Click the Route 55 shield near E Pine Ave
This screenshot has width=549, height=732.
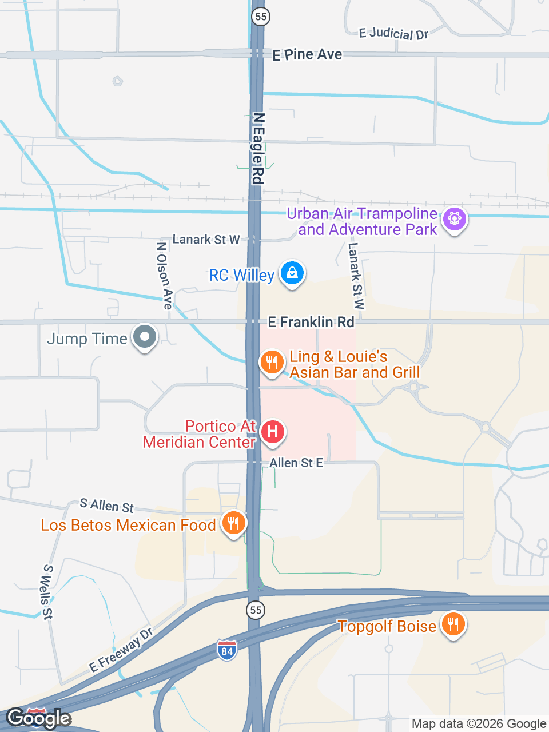pos(261,16)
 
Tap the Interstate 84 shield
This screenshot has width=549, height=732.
pos(227,650)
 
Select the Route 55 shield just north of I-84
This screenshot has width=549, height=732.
pos(256,610)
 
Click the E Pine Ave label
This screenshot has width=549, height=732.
pos(307,55)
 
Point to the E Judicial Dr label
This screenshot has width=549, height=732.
pos(393,34)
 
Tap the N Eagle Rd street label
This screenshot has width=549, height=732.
pos(258,148)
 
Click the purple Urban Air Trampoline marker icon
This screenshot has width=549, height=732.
pos(455,219)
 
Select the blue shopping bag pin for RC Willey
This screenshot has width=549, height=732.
pos(292,273)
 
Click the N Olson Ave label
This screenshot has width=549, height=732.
pos(164,275)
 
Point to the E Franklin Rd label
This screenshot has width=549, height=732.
pos(311,322)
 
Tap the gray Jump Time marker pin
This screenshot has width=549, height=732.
pos(145,337)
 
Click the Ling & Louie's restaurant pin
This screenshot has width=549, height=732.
pos(272,362)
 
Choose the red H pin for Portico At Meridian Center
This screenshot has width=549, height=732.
pos(273,432)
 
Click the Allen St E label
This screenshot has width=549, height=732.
pos(296,463)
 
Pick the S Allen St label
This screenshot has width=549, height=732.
pos(107,506)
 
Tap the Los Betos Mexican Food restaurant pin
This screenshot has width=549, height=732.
pos(233,523)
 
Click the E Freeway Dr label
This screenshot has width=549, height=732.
pos(121,650)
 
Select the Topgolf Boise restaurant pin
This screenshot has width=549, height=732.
pos(453,624)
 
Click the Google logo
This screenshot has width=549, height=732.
pos(38,718)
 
